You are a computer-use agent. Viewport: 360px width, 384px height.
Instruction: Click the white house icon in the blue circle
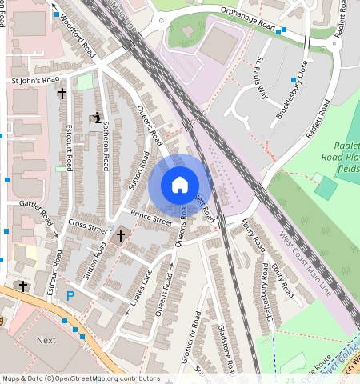pos(180,185)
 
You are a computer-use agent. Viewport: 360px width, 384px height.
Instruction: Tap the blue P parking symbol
pos(70,296)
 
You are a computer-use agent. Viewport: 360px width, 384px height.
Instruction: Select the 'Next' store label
pos(46,340)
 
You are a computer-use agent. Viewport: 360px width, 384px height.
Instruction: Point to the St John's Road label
pos(34,81)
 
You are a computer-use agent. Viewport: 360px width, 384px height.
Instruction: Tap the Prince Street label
pos(152,215)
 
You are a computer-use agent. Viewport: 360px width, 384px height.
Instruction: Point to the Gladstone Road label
pos(224,348)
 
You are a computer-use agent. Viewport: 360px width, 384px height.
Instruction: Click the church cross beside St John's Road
pos(62,94)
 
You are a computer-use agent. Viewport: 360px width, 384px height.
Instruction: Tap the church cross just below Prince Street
pos(121,236)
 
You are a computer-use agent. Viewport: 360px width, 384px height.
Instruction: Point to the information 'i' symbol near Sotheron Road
pos(98,118)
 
